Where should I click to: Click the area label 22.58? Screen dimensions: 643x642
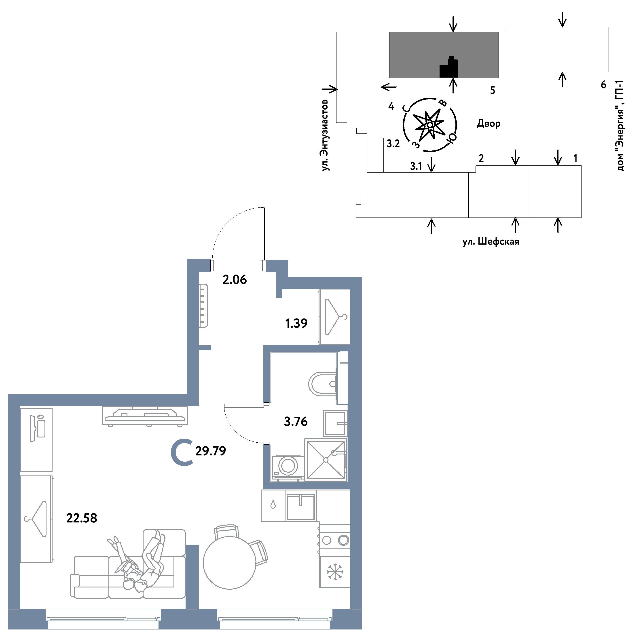(x=82, y=518)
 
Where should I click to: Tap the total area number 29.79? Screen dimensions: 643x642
(x=210, y=451)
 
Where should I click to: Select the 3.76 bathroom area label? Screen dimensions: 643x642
(x=296, y=422)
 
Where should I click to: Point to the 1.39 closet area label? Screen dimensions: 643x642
(x=296, y=323)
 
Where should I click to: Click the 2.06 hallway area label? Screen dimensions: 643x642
(x=235, y=280)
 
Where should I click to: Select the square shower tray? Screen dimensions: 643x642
(x=326, y=460)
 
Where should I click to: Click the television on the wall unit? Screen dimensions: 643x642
(x=145, y=416)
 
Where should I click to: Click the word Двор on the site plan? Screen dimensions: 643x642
(x=489, y=123)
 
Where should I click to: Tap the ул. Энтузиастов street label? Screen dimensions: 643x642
(x=325, y=135)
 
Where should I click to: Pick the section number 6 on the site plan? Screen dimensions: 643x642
(x=603, y=85)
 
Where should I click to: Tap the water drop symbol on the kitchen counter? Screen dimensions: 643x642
(x=273, y=505)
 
